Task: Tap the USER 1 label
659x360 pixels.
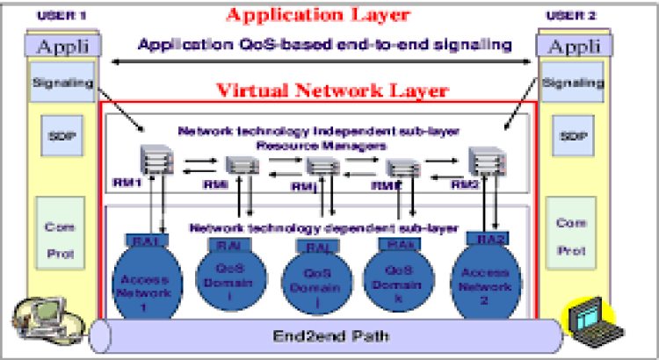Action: point(58,16)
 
